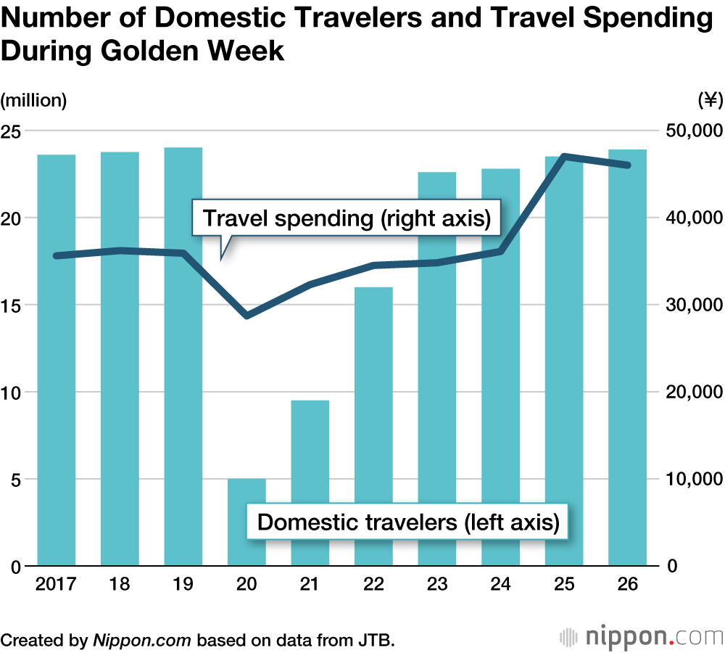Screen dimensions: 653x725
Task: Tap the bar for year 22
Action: [x=373, y=428]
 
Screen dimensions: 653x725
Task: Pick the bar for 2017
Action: [x=57, y=363]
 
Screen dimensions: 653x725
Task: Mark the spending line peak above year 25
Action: [x=564, y=157]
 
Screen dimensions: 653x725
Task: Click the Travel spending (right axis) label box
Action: [x=347, y=218]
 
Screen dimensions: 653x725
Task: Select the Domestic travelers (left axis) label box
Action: [x=408, y=522]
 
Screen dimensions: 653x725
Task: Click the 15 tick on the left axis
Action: [x=14, y=305]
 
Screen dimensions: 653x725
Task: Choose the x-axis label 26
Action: [x=628, y=586]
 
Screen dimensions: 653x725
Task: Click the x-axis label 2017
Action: [x=56, y=586]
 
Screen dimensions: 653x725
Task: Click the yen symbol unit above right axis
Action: [x=709, y=100]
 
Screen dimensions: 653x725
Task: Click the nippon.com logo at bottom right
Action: [x=641, y=637]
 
